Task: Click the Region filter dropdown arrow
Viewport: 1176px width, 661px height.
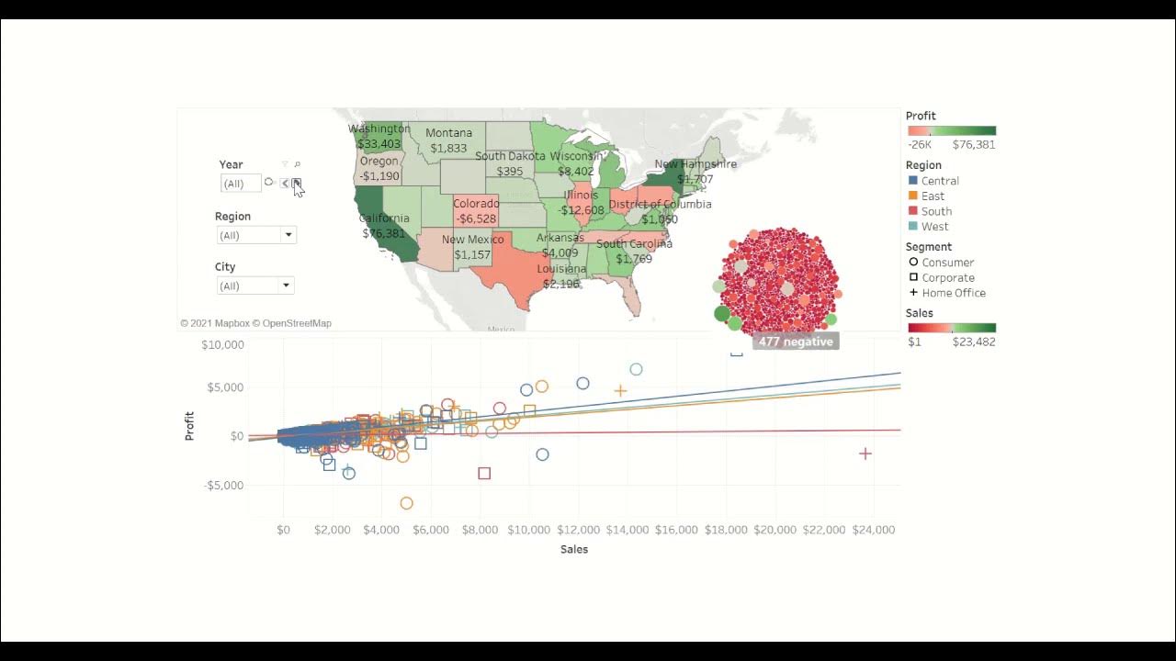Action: pos(288,235)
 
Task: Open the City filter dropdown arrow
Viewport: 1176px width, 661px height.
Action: pos(286,286)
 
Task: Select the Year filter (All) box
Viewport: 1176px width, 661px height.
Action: pos(241,184)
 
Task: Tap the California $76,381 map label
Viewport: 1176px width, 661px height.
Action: pos(384,226)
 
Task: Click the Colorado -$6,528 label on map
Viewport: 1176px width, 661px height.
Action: pos(477,211)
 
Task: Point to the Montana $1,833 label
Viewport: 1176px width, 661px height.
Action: pos(448,140)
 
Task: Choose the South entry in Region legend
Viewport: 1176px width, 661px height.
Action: pos(936,211)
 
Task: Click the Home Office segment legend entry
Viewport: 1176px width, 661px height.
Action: pos(953,293)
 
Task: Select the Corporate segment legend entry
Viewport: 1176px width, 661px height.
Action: pos(947,277)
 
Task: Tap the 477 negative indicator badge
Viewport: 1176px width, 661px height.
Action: pos(796,342)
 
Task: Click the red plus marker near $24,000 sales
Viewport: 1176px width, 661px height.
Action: pos(865,454)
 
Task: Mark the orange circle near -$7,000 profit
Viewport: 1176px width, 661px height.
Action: pos(406,503)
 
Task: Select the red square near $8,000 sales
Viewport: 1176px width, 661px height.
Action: pos(484,474)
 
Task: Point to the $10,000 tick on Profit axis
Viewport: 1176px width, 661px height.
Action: pos(222,345)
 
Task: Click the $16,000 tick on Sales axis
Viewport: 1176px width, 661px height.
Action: pos(675,530)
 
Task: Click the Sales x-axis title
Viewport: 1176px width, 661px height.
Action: pos(573,549)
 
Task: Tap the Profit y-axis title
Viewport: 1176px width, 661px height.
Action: pos(190,427)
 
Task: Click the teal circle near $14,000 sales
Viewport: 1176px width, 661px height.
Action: pos(636,369)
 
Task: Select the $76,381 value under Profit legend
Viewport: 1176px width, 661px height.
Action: pos(974,144)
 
